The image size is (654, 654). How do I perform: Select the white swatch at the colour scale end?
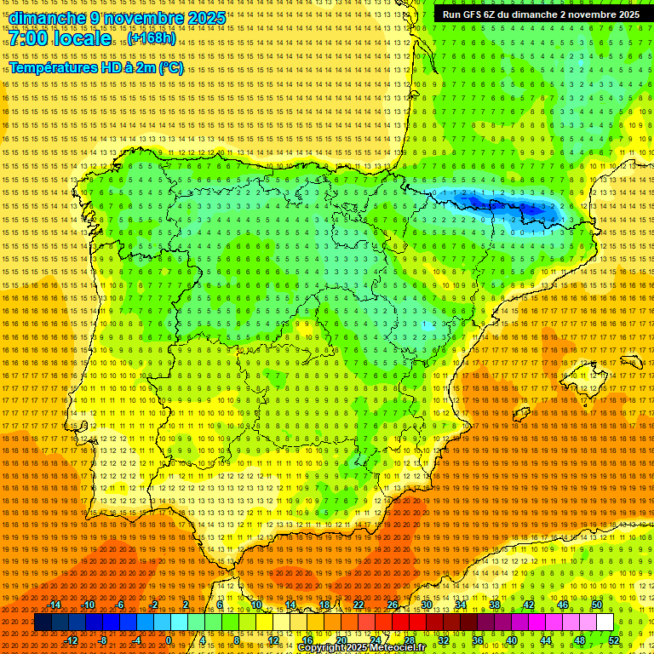click(x=605, y=622)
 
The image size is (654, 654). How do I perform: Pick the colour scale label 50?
click(x=597, y=605)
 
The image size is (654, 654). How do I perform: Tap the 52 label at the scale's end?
click(x=614, y=640)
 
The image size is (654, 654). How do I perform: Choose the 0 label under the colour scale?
click(x=169, y=640)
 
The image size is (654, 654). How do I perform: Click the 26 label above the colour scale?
click(x=393, y=605)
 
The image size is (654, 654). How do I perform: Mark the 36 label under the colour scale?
click(x=477, y=640)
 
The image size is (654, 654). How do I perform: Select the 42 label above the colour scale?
click(x=529, y=605)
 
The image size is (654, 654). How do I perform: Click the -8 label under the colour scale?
click(x=103, y=640)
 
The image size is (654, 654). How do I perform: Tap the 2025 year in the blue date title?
click(x=206, y=18)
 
